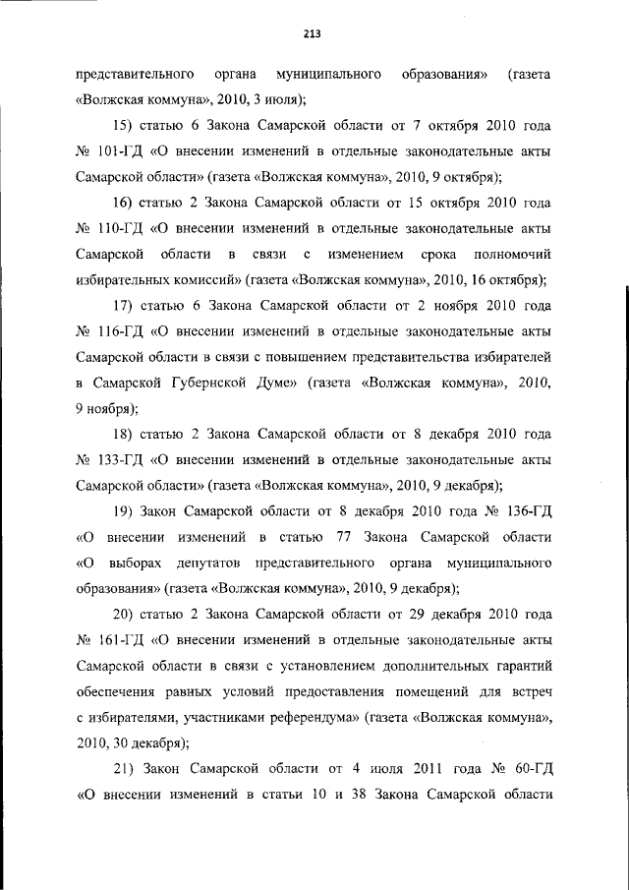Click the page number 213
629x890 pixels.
(x=314, y=33)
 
